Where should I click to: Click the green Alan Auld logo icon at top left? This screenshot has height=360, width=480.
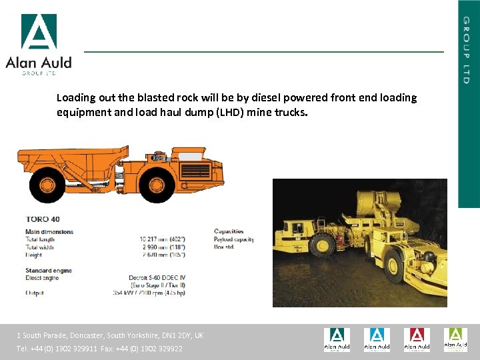click(39, 31)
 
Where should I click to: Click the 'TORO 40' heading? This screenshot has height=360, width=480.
click(43, 219)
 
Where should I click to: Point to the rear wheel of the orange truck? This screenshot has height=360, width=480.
click(47, 185)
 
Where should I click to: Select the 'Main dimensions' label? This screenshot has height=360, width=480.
click(50, 231)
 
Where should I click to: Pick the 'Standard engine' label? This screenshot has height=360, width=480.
click(49, 271)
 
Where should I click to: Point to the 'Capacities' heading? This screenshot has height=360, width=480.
click(229, 231)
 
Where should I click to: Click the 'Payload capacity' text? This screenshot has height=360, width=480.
click(234, 239)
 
